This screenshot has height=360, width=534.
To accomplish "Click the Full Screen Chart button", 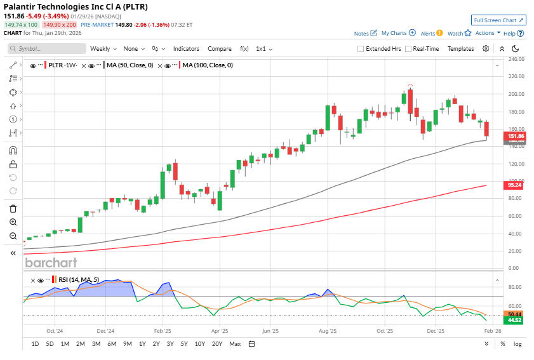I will (x=498, y=20).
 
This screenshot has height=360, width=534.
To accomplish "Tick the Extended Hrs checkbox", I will (x=361, y=49).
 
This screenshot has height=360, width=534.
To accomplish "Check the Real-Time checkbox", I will (x=408, y=49).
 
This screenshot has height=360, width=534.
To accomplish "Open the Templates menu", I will (x=460, y=49).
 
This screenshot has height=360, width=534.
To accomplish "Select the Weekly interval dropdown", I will (x=102, y=49).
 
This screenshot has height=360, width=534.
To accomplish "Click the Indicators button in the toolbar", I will (x=186, y=49).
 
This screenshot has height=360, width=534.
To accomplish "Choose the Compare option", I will (x=220, y=49).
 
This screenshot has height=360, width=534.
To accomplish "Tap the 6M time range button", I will (x=112, y=344).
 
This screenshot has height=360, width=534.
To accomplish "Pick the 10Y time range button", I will (x=199, y=344).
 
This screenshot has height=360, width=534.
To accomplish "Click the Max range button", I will (x=235, y=344).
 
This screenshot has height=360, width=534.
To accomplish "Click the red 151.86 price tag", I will (x=514, y=136).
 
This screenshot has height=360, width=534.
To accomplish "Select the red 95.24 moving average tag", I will (x=514, y=185).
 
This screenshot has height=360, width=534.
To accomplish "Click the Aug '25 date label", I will (x=328, y=331).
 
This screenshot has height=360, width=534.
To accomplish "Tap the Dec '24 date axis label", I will (x=106, y=331).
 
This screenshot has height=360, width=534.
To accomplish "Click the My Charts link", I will (x=394, y=33).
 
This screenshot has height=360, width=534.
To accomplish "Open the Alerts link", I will (x=428, y=33).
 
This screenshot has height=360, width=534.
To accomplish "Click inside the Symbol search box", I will (x=51, y=49).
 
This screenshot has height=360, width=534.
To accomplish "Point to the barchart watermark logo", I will (x=51, y=262).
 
